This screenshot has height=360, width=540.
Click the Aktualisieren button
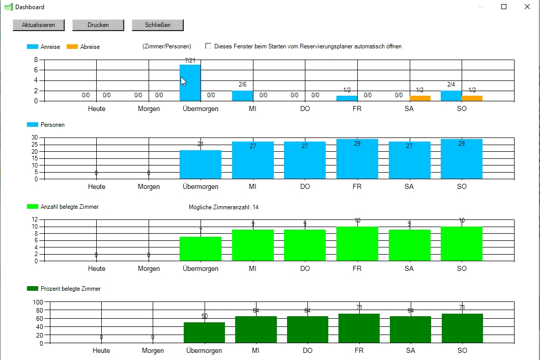click(x=38, y=25)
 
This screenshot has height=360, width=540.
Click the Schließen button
click(x=157, y=25)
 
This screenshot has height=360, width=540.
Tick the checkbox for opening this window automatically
click(x=208, y=46)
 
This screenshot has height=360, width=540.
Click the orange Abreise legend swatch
click(x=72, y=47)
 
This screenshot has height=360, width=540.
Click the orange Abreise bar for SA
click(x=420, y=98)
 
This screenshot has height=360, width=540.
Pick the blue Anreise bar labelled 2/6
click(x=242, y=96)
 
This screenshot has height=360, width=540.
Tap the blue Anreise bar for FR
click(x=347, y=98)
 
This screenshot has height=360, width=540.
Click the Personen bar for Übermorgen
click(x=201, y=164)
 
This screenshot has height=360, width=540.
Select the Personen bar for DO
click(x=305, y=160)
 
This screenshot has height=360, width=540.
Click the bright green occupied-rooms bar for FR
click(x=357, y=244)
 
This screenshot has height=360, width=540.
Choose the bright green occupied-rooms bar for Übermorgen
click(x=201, y=249)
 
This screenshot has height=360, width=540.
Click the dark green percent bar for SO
click(x=462, y=328)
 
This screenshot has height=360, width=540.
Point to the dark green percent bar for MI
click(x=255, y=330)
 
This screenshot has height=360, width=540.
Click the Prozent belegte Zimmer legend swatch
click(x=33, y=289)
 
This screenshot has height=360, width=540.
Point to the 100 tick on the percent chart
click(x=38, y=302)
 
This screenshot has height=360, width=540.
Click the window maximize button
click(x=504, y=7)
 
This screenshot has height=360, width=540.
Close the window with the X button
click(x=527, y=7)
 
